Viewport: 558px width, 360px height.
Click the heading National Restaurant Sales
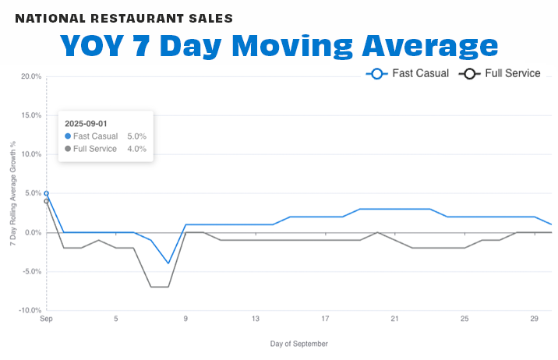coord(124,17)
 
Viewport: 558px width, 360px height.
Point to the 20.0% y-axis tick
coord(30,76)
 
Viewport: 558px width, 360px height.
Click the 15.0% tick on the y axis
coord(30,115)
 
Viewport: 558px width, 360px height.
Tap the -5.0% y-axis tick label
coord(30,271)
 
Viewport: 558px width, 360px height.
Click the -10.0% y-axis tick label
coord(30,310)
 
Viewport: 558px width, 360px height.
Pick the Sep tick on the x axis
coord(47,319)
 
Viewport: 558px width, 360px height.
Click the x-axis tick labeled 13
coord(256,319)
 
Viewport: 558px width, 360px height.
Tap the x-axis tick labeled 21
coord(395,319)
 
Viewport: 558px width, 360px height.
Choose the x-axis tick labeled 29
coord(534,319)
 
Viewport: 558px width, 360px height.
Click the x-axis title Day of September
coord(298,344)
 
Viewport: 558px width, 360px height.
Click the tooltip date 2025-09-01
coord(86,123)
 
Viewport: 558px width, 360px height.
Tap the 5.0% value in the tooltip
coord(136,136)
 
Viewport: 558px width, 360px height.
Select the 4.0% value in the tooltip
coord(136,149)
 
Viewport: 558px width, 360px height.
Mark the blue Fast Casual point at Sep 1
coord(47,193)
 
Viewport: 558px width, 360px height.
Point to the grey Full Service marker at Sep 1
coord(47,201)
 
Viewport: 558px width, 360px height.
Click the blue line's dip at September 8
coord(168,263)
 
